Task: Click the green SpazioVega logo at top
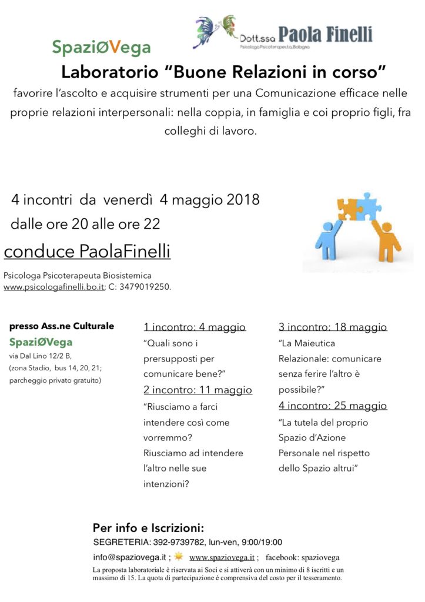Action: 101,47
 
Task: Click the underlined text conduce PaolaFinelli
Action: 87,252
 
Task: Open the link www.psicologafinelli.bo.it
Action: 53,287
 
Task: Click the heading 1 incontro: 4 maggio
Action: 195,327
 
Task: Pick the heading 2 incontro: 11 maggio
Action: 198,390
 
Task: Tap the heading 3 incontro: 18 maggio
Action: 333,327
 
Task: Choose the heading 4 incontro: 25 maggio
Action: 333,406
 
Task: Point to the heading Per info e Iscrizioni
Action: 148,528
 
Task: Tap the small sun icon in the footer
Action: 179,556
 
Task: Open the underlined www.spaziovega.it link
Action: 222,557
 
